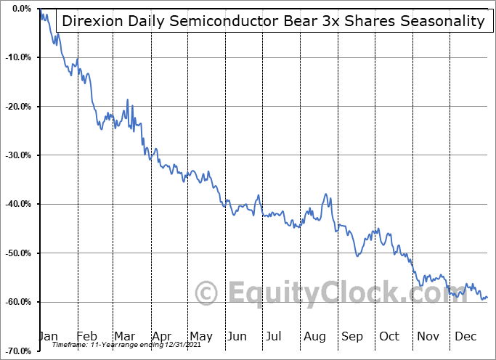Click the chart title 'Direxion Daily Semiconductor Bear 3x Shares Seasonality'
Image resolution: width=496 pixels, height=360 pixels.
click(x=272, y=20)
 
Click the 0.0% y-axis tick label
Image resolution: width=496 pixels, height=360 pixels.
click(x=20, y=9)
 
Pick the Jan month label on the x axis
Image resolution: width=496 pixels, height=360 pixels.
click(x=48, y=336)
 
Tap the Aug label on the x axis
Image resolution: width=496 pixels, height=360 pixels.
click(x=314, y=336)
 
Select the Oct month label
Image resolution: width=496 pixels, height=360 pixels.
click(x=390, y=336)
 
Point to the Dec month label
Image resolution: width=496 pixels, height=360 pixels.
click(x=465, y=336)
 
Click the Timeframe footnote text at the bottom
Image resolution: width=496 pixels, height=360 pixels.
click(x=119, y=345)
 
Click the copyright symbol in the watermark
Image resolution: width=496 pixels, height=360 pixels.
click(x=208, y=294)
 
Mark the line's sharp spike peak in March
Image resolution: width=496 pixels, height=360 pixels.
click(x=128, y=99)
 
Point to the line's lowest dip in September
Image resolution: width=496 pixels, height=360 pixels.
click(x=357, y=255)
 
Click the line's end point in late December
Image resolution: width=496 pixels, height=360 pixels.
click(x=487, y=297)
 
